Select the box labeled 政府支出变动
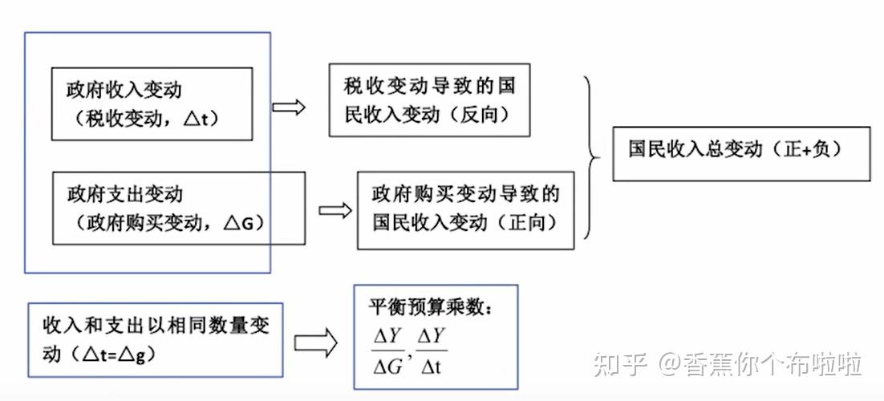(x=178, y=208)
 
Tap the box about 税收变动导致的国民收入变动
(x=429, y=100)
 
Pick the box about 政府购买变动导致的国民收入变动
(x=465, y=209)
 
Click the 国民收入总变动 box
(x=740, y=153)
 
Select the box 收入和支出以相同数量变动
(x=155, y=339)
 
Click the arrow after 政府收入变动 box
(x=289, y=107)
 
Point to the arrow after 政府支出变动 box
(x=335, y=211)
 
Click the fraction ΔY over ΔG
(x=387, y=350)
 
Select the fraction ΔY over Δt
(x=432, y=350)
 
